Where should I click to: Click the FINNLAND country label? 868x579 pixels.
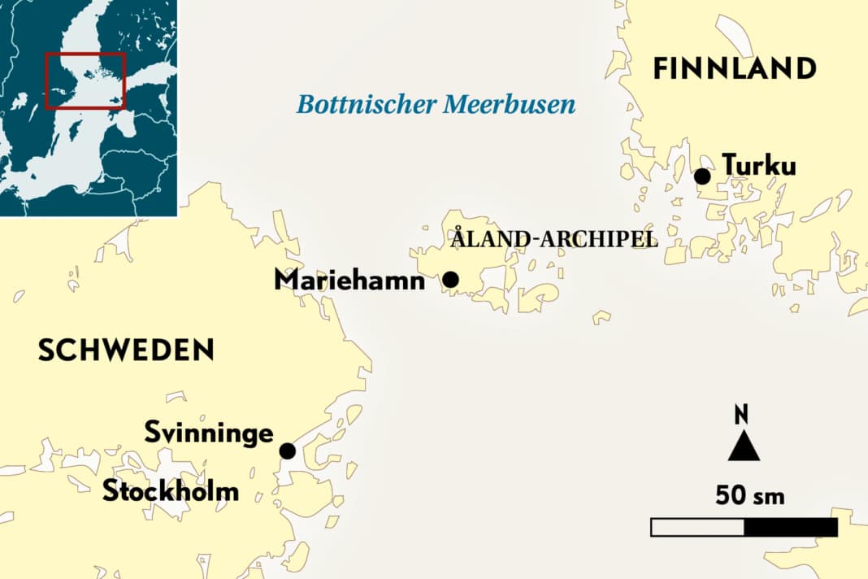click(x=735, y=68)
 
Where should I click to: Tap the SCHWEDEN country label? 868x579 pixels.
click(x=126, y=350)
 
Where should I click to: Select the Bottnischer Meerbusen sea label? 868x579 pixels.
click(x=436, y=104)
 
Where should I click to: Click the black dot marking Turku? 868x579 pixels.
click(x=702, y=176)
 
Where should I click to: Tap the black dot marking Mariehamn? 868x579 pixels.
click(x=450, y=280)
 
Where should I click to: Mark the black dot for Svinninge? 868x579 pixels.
click(x=287, y=451)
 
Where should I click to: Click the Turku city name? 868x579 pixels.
click(x=759, y=165)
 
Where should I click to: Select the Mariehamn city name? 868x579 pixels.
click(x=349, y=280)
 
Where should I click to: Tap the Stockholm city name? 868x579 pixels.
click(x=171, y=491)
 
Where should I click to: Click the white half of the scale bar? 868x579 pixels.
click(x=697, y=527)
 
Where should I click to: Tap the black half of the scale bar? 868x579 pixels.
click(x=791, y=527)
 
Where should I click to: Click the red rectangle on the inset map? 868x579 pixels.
click(x=85, y=81)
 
